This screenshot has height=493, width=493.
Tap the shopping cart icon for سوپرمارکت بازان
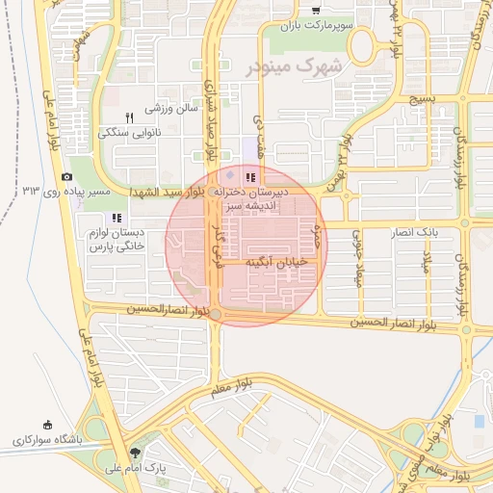(315, 11)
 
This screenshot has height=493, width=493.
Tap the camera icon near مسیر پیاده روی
(66, 177)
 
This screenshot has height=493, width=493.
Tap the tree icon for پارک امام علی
(133, 453)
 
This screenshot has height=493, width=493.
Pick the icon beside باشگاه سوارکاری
(47, 425)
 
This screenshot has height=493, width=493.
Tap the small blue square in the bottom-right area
(480, 422)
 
